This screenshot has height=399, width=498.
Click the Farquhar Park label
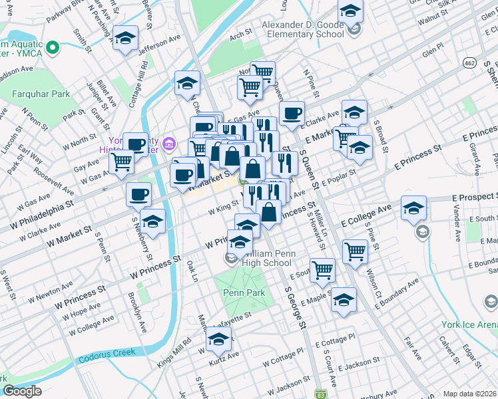[x=41, y=94]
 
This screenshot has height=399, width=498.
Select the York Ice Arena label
[x=469, y=325]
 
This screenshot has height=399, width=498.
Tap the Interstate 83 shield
[x=322, y=394]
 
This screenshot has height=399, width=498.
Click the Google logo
[x=22, y=391]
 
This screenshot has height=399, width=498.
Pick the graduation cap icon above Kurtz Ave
[x=218, y=340]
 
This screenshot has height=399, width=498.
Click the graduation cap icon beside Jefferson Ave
[x=124, y=39]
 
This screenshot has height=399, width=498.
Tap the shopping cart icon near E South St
[x=322, y=270]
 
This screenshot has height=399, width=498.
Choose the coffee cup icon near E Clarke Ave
[x=291, y=113]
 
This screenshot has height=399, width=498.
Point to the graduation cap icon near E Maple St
[x=344, y=300]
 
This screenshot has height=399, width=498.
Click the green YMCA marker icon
[x=51, y=48]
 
